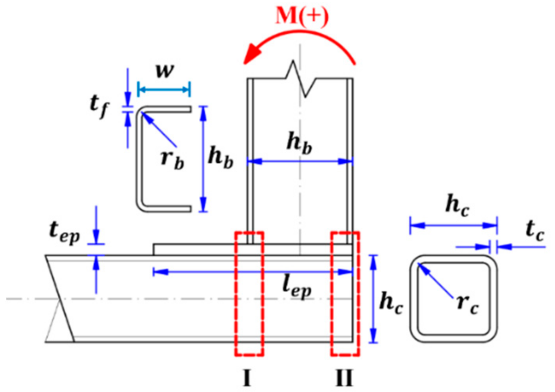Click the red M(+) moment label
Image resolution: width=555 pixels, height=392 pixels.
pos(302,16)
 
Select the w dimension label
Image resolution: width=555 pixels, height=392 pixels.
pos(164,71)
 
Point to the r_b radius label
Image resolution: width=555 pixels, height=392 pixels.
pos(172,159)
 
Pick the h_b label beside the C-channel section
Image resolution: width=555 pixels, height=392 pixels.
pos(221,157)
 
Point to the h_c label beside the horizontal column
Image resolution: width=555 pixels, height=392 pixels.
pos(391,303)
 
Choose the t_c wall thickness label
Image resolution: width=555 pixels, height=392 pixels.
pos(535,230)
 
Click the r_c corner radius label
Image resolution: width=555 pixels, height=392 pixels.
pos(467,304)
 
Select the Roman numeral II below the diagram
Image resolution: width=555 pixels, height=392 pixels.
pos(344,378)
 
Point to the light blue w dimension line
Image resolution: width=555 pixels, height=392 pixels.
pos(164,90)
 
